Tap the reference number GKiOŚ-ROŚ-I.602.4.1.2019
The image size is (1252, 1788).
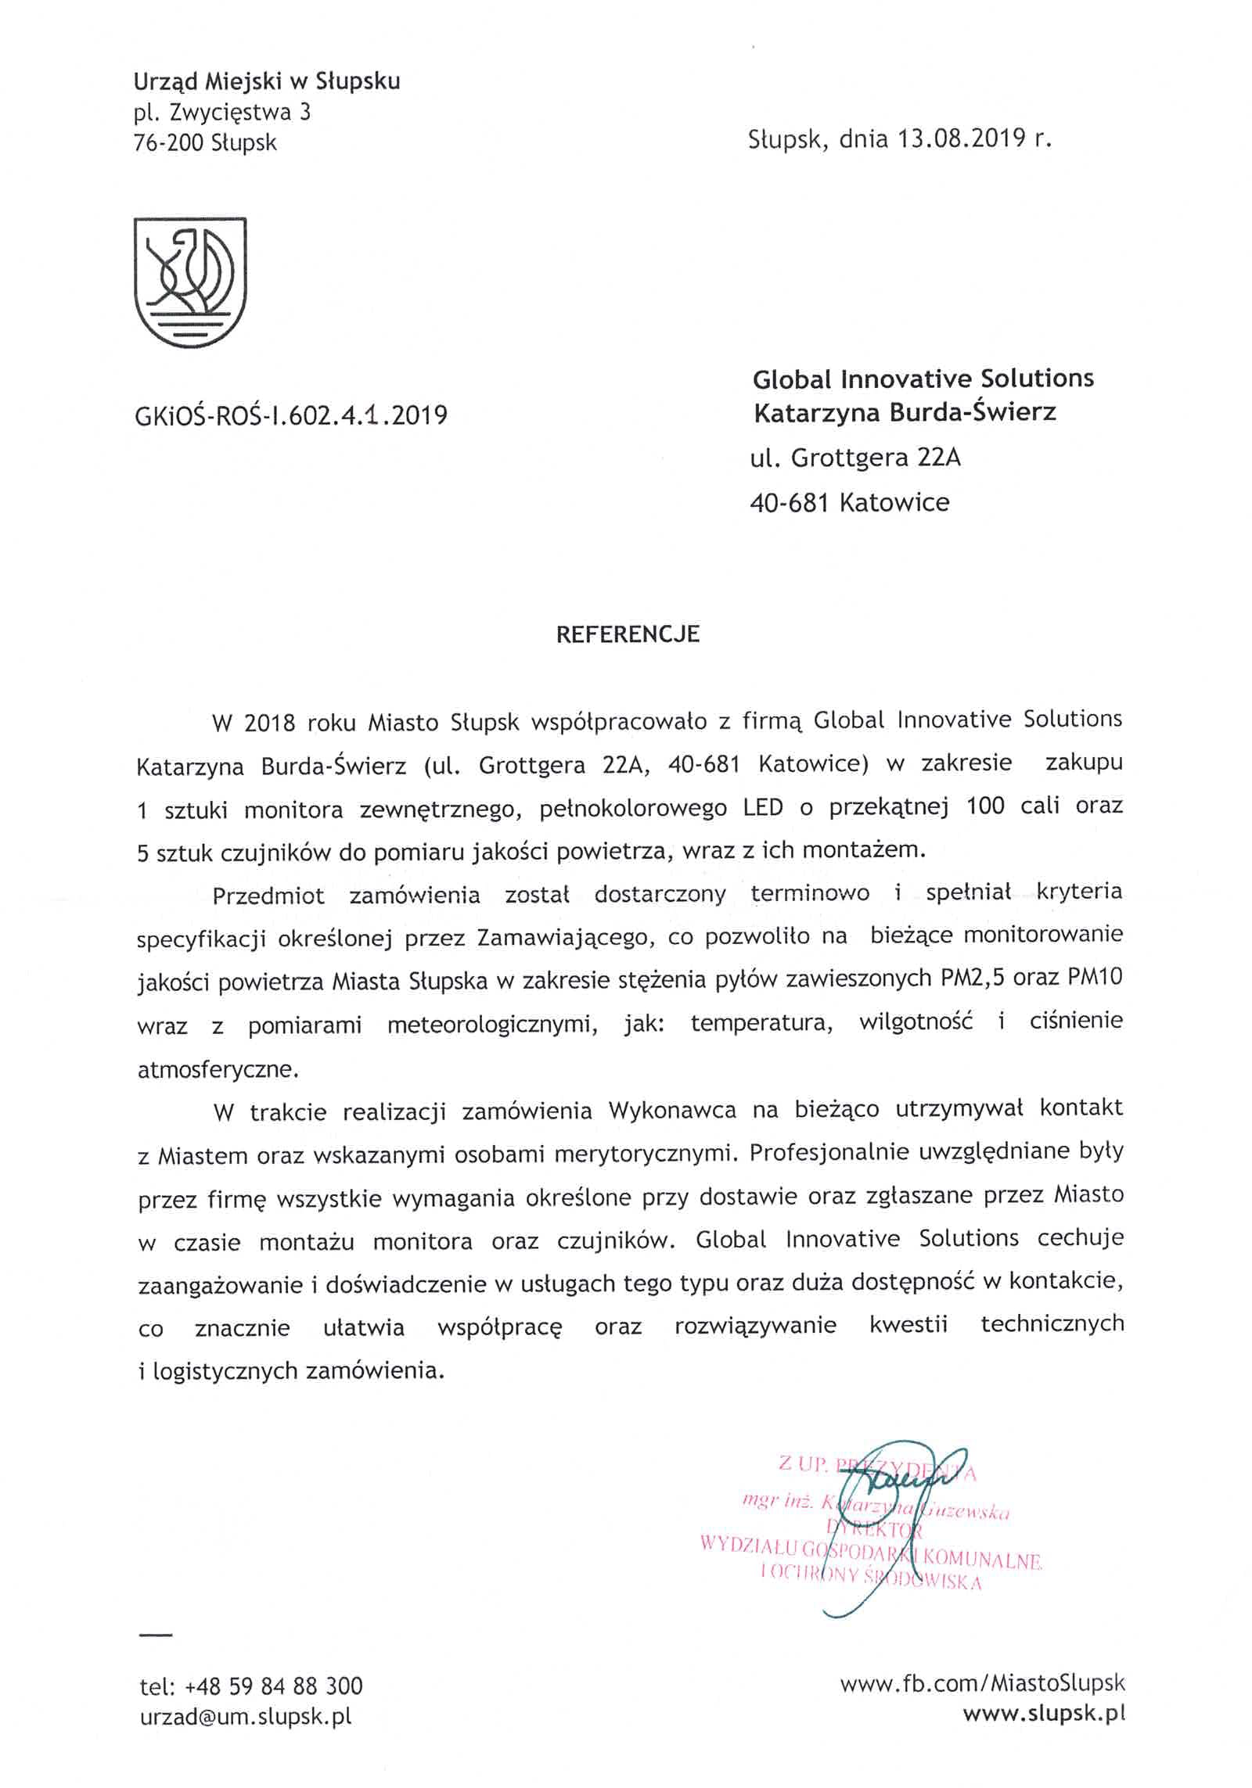(x=291, y=415)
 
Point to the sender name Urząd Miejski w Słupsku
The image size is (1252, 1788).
(x=267, y=81)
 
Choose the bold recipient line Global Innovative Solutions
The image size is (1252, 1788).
(x=923, y=379)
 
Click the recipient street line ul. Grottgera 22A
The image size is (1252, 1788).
(x=854, y=458)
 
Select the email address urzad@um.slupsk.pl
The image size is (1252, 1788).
(x=246, y=1717)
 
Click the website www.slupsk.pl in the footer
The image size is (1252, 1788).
(x=1044, y=1714)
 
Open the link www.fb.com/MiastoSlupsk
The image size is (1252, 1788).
(x=982, y=1683)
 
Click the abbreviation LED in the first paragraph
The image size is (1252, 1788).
(x=763, y=806)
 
